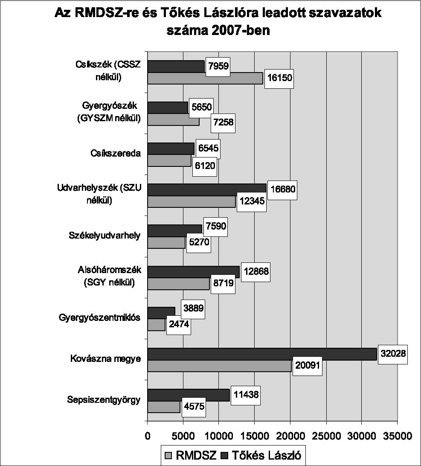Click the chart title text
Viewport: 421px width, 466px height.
click(x=218, y=22)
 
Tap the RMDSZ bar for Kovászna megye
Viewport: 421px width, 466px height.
click(x=219, y=366)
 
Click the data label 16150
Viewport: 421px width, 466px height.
click(x=279, y=79)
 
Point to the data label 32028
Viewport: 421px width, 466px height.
click(x=393, y=354)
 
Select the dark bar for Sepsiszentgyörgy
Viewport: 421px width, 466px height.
click(x=188, y=395)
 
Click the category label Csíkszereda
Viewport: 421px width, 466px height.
click(x=115, y=153)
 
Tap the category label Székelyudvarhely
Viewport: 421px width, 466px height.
click(x=104, y=236)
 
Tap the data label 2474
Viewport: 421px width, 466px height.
click(x=178, y=326)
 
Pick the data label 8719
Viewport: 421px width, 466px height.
click(x=221, y=284)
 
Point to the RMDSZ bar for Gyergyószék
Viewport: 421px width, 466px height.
click(x=173, y=121)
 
